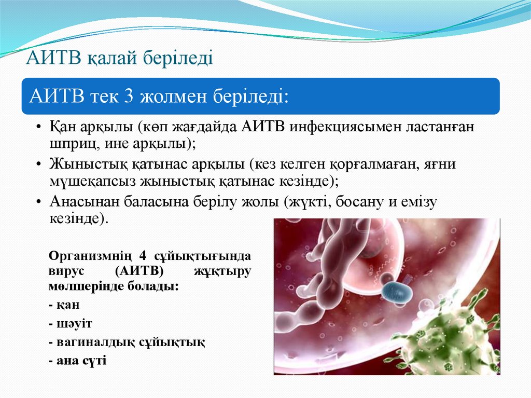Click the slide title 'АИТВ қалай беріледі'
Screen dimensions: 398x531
coord(120,58)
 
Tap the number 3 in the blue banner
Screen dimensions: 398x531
coord(129,97)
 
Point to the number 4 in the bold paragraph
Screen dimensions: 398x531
coord(144,256)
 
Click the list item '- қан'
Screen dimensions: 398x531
coord(65,305)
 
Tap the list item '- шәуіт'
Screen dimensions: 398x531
coord(71,323)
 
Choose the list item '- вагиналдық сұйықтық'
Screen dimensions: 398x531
coord(127,342)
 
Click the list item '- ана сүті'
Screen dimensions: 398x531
coord(77,360)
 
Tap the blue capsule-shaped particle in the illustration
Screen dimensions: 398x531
coord(397,293)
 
